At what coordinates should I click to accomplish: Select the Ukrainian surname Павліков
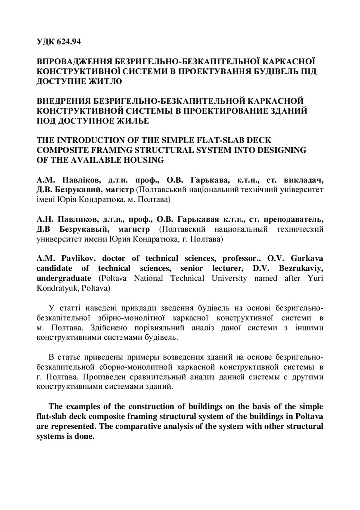[78, 179]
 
